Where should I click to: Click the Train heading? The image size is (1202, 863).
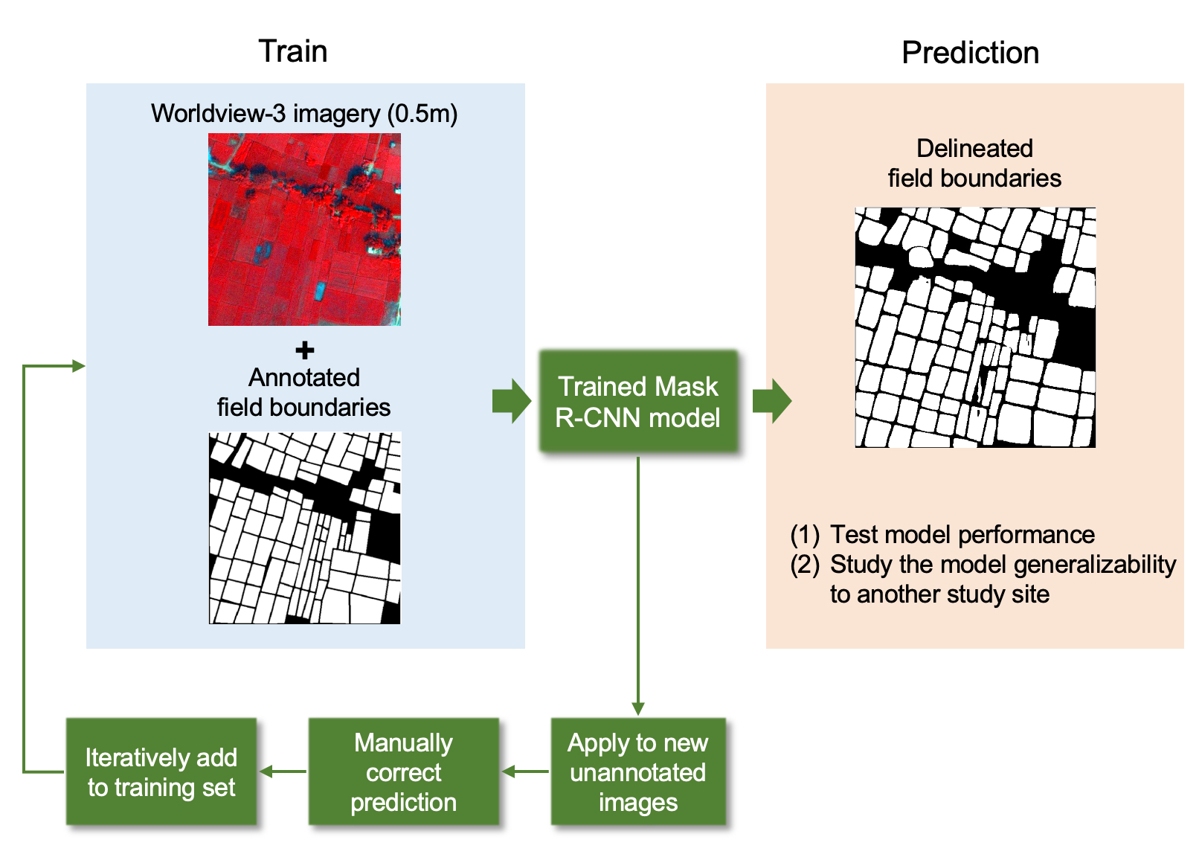292,51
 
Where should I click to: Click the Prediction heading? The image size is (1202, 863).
970,53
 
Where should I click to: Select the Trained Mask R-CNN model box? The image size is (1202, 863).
638,402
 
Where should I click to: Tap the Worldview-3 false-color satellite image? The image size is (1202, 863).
304,229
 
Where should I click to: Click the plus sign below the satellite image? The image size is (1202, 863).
304,350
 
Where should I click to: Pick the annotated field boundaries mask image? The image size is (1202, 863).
304,527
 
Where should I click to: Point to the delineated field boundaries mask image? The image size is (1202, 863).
975,327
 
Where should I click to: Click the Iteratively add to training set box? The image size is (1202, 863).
161,772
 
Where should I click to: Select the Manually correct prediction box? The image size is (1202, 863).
403,772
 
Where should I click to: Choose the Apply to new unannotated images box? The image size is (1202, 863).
638,772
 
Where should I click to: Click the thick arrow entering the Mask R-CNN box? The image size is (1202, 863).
512,401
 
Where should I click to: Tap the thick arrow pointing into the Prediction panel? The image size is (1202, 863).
772,401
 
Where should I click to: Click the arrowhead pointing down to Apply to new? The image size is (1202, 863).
638,708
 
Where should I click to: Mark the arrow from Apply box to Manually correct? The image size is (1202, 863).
525,771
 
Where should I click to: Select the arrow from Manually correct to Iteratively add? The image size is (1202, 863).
283,771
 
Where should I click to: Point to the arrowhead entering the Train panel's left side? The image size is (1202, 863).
78,365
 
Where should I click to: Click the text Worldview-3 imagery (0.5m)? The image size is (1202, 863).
304,114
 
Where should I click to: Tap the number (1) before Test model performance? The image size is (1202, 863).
805,534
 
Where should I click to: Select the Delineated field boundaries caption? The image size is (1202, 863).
974,163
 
